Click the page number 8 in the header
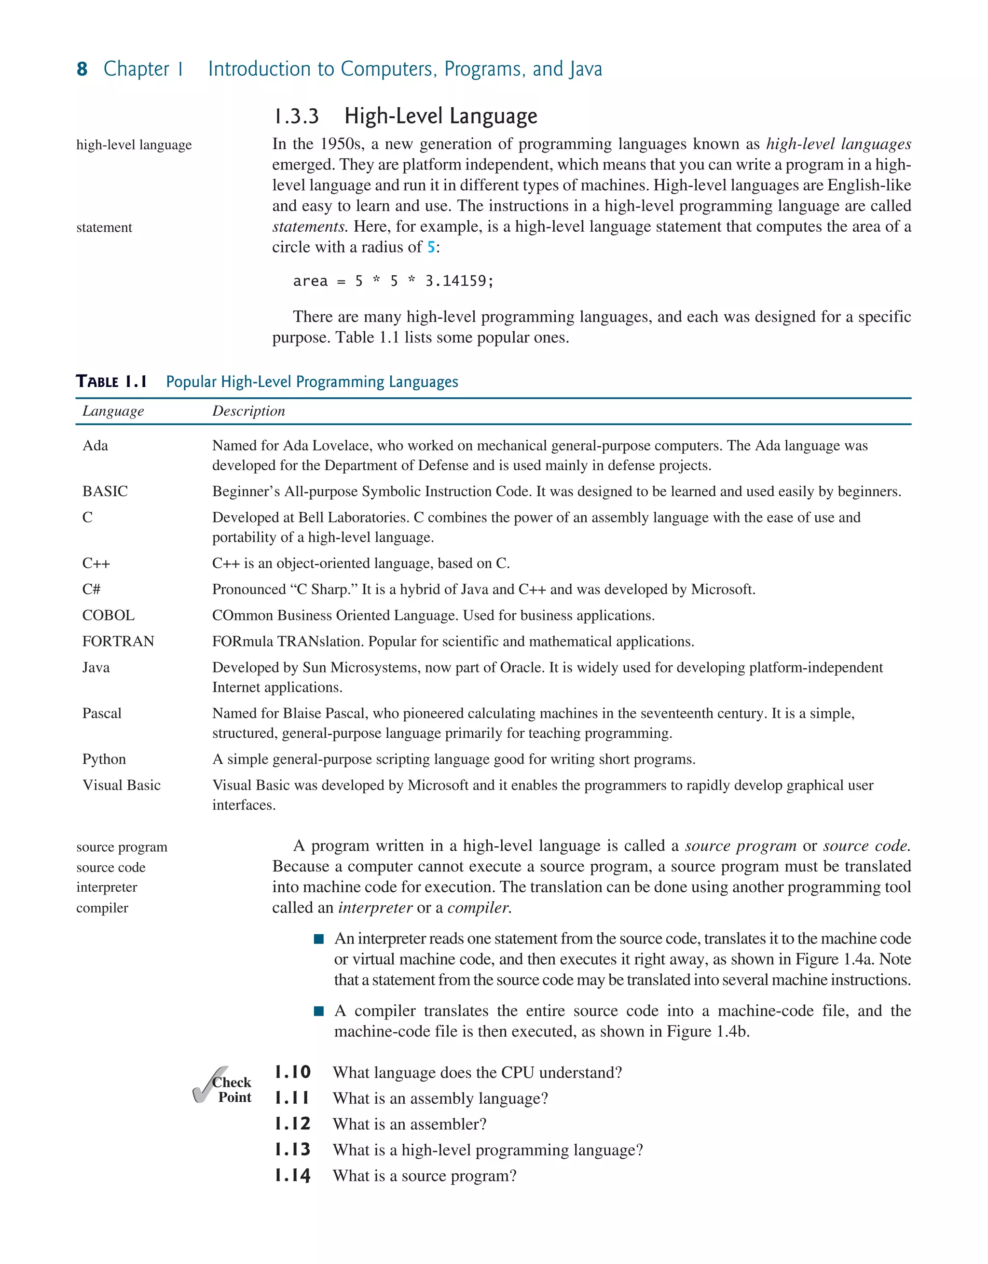pos(82,69)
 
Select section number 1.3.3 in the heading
pos(296,116)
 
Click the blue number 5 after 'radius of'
pos(431,247)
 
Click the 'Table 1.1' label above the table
pos(111,382)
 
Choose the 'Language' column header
pos(113,411)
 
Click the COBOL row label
pos(108,615)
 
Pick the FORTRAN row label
pos(118,641)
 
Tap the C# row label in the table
pos(91,589)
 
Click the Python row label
pos(104,759)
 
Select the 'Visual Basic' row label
pos(122,786)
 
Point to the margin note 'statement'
pos(104,227)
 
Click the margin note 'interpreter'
pos(107,887)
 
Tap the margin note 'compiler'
pos(102,908)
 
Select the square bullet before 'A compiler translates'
pos(319,1011)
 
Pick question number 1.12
pos(292,1124)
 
